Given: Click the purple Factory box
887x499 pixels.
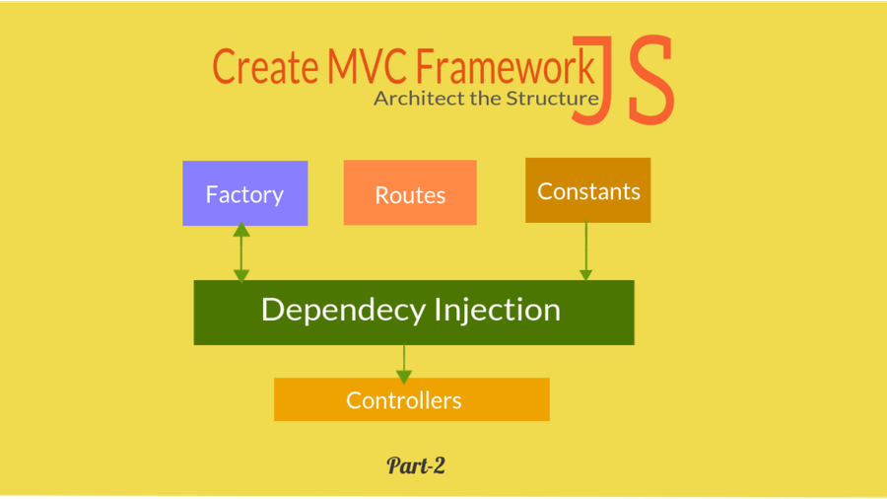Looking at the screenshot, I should (244, 193).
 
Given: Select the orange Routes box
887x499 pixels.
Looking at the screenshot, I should (410, 193).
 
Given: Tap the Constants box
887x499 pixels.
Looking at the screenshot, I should (587, 190).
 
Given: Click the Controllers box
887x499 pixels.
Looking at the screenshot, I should (411, 399).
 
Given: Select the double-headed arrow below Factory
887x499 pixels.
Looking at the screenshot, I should (241, 253).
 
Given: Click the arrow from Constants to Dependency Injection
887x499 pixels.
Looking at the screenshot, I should (586, 249).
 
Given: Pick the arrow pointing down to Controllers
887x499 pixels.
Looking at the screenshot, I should (403, 361).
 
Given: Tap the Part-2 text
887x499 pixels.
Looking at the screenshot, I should (416, 465).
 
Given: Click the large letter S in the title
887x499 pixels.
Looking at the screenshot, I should (650, 81).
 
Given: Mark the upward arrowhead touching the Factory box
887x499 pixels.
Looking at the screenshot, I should (241, 231).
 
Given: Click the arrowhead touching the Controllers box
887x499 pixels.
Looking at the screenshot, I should (403, 375).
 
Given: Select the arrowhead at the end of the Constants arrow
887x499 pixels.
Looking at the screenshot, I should (586, 274).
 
